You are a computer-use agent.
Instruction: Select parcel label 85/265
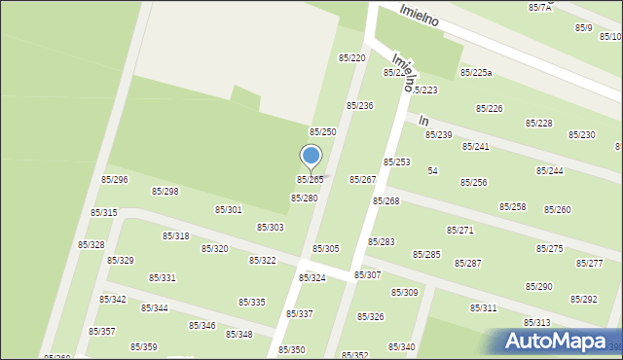pyautogui.click(x=310, y=180)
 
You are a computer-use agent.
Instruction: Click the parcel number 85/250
pyautogui.click(x=322, y=131)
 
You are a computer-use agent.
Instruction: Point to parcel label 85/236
pyautogui.click(x=360, y=105)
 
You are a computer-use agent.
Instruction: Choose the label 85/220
pyautogui.click(x=351, y=58)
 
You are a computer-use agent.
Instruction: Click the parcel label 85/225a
pyautogui.click(x=476, y=73)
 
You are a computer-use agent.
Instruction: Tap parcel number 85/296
pyautogui.click(x=115, y=180)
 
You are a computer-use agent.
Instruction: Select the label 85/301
pyautogui.click(x=228, y=210)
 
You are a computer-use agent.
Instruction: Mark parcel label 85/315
pyautogui.click(x=104, y=213)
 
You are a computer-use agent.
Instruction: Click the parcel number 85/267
pyautogui.click(x=362, y=180)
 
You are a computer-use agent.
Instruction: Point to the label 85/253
pyautogui.click(x=396, y=162)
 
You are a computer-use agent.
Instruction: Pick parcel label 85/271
pyautogui.click(x=459, y=231)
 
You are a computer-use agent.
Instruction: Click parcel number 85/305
pyautogui.click(x=325, y=249)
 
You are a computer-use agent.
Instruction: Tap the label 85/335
pyautogui.click(x=252, y=303)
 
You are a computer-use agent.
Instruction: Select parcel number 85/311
pyautogui.click(x=484, y=308)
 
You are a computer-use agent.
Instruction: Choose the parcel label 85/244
pyautogui.click(x=549, y=171)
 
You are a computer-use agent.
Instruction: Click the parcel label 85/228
pyautogui.click(x=539, y=124)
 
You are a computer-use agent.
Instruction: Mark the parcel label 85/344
pyautogui.click(x=154, y=308)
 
